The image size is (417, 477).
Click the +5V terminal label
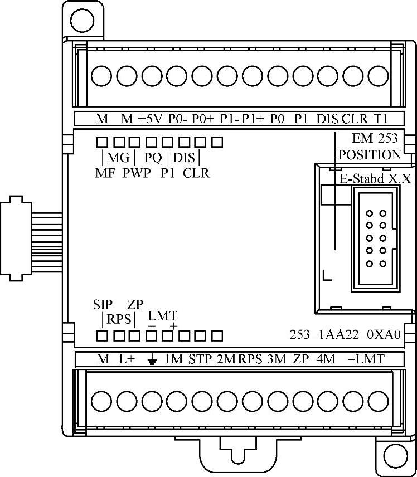click(x=151, y=119)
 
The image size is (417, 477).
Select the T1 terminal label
click(x=380, y=119)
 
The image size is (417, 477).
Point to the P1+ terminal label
click(x=253, y=119)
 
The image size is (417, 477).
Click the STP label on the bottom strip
click(x=200, y=359)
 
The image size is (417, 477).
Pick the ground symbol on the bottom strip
click(x=152, y=360)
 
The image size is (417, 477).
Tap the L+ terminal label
click(x=127, y=359)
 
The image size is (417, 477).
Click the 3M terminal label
click(x=277, y=359)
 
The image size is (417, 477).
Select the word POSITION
click(x=370, y=155)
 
